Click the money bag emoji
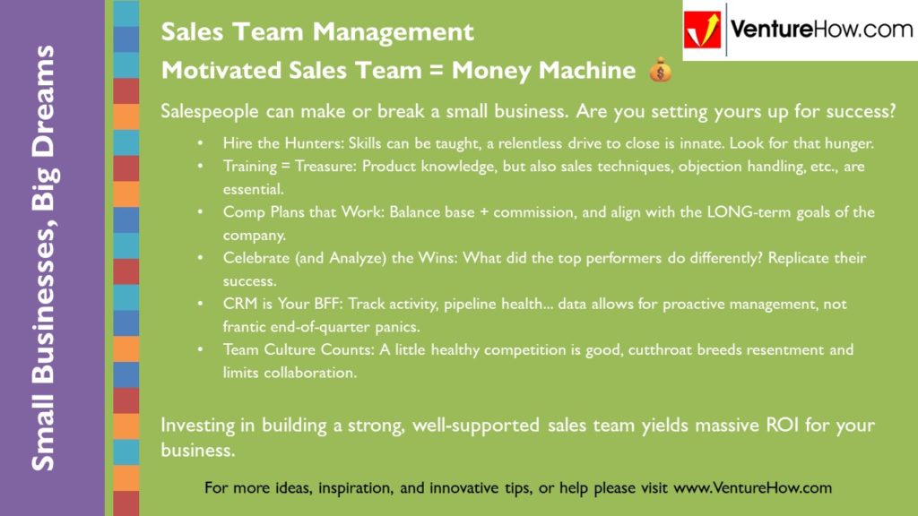point(659,70)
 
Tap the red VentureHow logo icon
point(703,30)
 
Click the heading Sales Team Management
point(316,32)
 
